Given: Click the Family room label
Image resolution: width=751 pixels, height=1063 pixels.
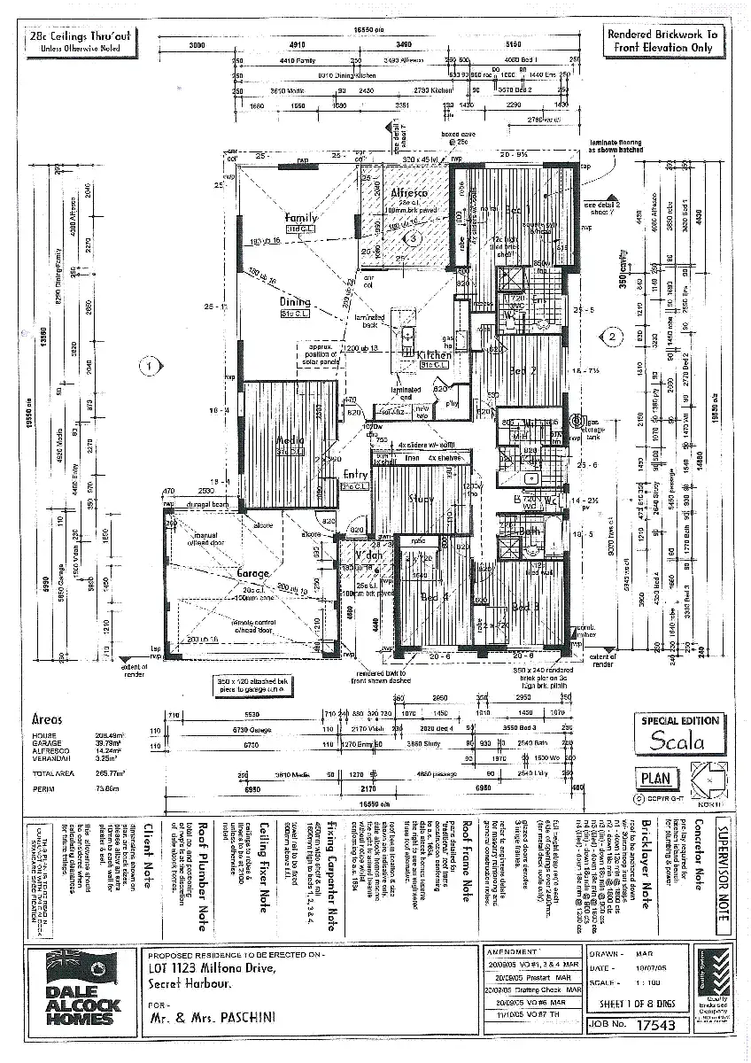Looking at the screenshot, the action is (301, 218).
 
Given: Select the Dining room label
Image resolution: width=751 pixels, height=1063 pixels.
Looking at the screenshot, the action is (295, 302).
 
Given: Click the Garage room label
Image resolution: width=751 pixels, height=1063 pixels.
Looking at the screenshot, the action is (253, 574).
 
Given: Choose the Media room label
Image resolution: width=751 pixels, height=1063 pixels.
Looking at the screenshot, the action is (290, 440).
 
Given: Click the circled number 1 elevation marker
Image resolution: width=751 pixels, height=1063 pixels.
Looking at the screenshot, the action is (151, 364).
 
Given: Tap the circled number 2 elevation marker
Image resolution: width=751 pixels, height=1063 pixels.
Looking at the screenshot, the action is (610, 336).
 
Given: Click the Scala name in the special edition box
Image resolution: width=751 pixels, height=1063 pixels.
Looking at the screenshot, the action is (677, 742).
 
